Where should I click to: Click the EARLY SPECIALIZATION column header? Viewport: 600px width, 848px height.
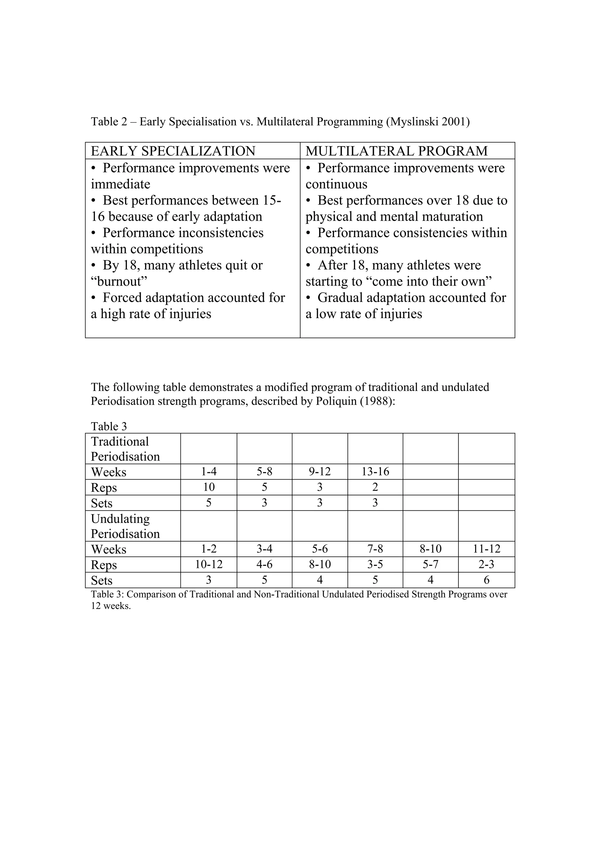point(173,151)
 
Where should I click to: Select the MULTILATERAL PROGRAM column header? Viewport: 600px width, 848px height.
point(396,151)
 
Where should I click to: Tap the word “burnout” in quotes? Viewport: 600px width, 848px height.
point(119,281)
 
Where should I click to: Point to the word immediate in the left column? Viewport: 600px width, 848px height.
point(120,184)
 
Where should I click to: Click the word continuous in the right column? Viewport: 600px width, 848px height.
point(336,184)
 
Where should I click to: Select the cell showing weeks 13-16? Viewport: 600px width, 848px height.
point(375,472)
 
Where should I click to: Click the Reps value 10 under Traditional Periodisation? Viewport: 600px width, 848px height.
point(209,487)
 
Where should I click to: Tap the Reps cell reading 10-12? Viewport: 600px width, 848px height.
point(209,564)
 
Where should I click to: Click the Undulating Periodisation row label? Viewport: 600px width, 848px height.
point(125,526)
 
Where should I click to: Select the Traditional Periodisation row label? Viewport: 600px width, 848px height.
point(125,449)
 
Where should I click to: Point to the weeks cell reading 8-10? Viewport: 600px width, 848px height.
point(430,549)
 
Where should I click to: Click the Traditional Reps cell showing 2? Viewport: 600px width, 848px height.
point(375,487)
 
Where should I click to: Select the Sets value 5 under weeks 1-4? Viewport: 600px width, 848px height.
point(209,503)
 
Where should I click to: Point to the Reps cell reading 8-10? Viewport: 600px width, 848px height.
point(320,564)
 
